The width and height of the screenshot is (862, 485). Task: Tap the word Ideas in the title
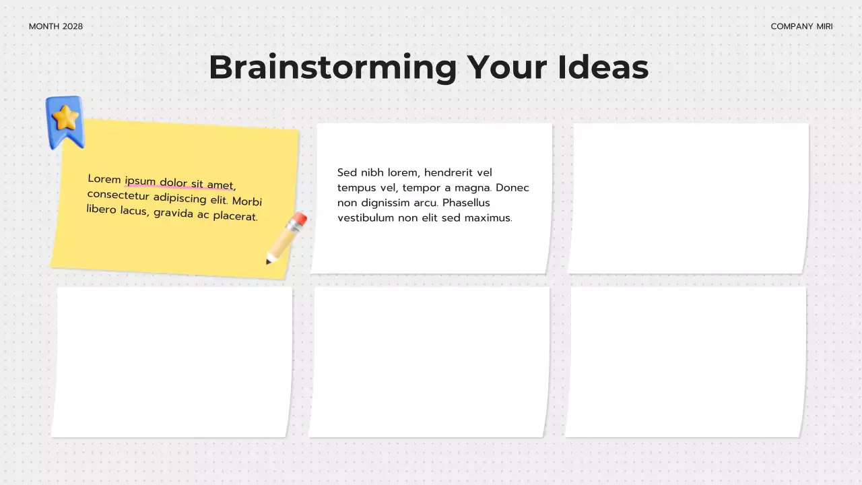603,67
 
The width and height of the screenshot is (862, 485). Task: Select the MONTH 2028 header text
56,26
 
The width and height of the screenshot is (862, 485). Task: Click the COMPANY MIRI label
801,26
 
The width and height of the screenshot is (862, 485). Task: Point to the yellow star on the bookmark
65,119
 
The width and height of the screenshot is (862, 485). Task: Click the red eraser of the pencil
300,219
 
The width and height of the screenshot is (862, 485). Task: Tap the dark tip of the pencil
269,261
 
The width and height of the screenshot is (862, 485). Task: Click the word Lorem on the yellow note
104,179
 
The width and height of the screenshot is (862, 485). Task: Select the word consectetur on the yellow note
118,195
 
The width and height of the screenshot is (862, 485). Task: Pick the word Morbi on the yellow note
247,201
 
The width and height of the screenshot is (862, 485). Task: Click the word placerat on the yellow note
236,217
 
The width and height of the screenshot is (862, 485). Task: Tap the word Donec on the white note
512,188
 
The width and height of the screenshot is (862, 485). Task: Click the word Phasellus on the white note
466,203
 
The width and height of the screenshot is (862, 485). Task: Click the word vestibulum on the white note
366,218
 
